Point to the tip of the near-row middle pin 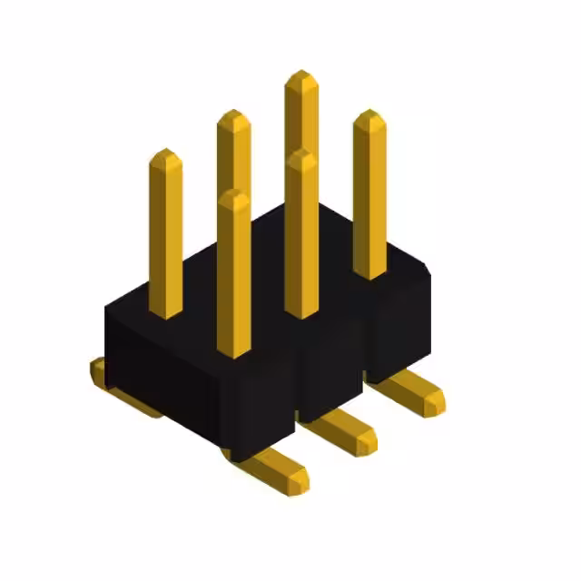pyautogui.click(x=300, y=155)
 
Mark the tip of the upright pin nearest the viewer pyautogui.click(x=233, y=194)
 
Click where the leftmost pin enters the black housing pyautogui.click(x=165, y=313)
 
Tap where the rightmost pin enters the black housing pyautogui.click(x=369, y=273)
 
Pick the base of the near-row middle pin pyautogui.click(x=300, y=312)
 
